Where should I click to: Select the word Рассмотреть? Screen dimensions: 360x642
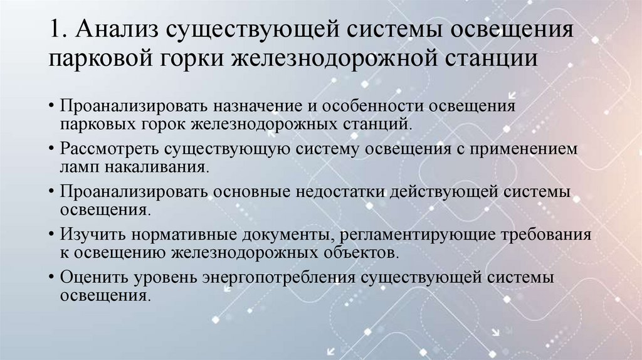(x=110, y=149)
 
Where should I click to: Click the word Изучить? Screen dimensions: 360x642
(x=88, y=235)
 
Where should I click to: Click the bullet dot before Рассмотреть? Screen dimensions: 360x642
(x=50, y=150)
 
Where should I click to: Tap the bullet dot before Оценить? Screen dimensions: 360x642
(x=50, y=278)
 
